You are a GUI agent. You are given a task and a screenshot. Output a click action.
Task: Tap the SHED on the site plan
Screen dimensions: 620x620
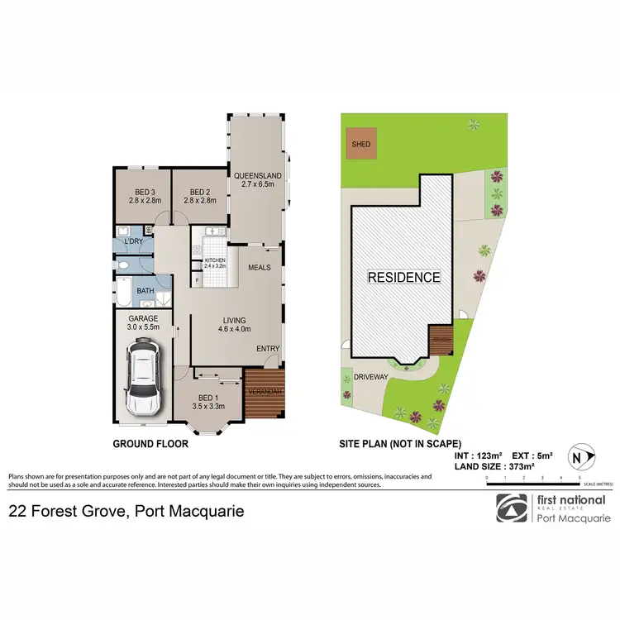click(361, 144)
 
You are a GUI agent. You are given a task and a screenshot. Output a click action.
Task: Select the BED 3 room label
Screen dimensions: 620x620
click(142, 194)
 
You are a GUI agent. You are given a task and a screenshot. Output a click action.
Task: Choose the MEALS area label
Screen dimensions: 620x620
click(259, 267)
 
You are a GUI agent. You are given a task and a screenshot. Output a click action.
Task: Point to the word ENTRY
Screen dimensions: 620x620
click(268, 349)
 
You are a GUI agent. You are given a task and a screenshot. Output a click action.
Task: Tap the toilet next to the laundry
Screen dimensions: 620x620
click(122, 265)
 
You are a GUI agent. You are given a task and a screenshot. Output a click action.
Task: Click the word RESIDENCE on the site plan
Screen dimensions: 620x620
click(404, 277)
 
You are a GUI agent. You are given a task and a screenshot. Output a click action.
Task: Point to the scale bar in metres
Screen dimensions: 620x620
click(534, 481)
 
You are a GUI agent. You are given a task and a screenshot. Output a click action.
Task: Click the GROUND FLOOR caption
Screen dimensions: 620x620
click(150, 444)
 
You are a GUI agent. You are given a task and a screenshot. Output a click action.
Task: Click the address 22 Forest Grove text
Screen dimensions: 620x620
click(126, 512)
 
